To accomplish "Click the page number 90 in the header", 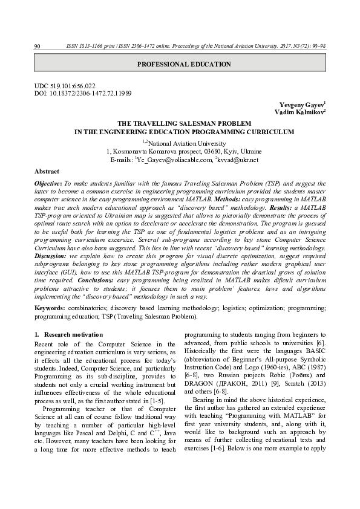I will [37, 47].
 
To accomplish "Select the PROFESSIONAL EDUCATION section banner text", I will [184, 64].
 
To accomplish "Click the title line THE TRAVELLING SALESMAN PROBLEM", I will [184, 123].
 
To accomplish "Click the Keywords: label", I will [50, 308].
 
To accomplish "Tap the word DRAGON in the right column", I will [198, 391].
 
